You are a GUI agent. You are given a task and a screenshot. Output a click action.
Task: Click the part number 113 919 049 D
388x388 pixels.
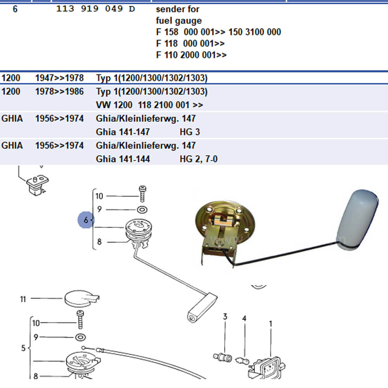[95, 9]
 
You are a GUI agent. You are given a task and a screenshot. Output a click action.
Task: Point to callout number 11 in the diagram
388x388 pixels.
[23, 299]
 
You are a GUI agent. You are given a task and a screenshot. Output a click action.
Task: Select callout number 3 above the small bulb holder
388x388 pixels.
[225, 317]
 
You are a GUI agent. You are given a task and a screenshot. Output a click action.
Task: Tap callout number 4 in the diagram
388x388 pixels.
[244, 319]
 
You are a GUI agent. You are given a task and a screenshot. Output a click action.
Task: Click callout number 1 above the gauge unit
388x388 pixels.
[270, 323]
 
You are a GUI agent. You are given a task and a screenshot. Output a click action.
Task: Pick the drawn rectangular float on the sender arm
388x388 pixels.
[202, 307]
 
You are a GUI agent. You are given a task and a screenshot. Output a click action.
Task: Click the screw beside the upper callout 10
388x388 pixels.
[142, 193]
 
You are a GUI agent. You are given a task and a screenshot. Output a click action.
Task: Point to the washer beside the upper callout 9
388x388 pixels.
[142, 210]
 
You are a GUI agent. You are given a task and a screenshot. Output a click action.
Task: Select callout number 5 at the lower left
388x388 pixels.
[23, 348]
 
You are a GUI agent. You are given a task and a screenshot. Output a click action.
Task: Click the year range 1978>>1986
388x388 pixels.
[59, 92]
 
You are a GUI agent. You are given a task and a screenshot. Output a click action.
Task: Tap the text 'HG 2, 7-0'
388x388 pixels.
[198, 159]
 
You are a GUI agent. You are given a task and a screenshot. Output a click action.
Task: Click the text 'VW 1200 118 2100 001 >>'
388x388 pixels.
[149, 105]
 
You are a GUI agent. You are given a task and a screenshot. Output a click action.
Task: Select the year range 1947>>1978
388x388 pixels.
[59, 78]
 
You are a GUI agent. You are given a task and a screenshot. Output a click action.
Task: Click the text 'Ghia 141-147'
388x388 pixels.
[123, 132]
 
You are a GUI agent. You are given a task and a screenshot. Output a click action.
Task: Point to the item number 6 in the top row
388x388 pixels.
[15, 9]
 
